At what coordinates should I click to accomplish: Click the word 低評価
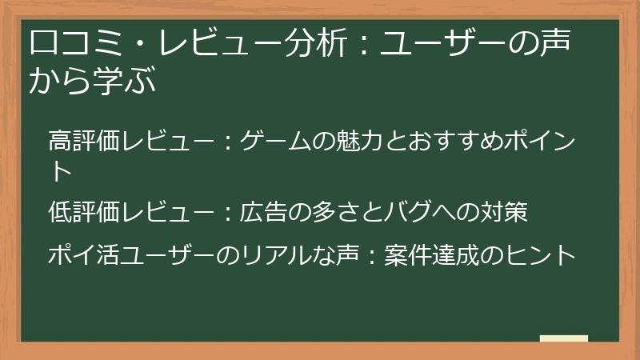coord(83,213)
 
